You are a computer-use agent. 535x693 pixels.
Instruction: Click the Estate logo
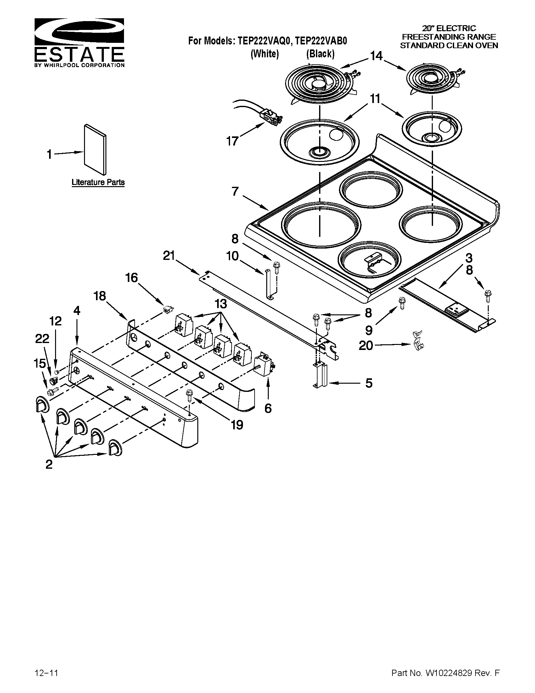[79, 43]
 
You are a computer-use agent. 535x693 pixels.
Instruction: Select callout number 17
[232, 141]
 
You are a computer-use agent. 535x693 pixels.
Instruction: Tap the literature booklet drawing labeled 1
[95, 149]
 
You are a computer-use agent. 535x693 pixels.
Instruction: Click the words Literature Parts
[98, 182]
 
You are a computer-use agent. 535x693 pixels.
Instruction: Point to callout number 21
[169, 255]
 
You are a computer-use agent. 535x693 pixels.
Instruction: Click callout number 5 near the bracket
[369, 383]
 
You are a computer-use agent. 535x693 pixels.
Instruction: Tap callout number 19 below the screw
[237, 424]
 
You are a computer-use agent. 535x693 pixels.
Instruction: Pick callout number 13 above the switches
[221, 304]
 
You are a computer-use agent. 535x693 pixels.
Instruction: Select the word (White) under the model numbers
[265, 54]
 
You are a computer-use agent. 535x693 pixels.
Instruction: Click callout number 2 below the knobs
[49, 464]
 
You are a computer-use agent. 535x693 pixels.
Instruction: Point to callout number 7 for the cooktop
[235, 191]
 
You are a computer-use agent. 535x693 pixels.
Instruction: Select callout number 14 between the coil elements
[376, 56]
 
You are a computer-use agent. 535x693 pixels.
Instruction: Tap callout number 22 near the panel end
[42, 339]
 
